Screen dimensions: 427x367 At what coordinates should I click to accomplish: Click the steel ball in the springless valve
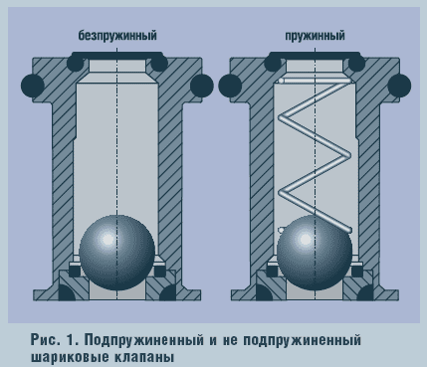click(x=116, y=249)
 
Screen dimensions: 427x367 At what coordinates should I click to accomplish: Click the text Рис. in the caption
click(x=46, y=339)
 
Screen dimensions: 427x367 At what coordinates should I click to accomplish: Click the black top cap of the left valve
click(x=116, y=55)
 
